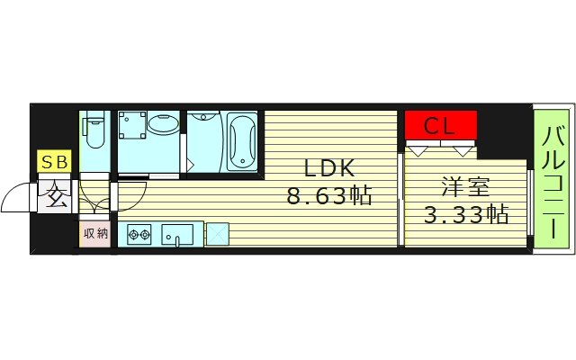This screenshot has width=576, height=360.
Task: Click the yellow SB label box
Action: pos(54,161)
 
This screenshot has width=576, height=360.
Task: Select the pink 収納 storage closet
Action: pos(94,234)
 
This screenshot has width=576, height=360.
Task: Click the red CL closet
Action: pos(441,125)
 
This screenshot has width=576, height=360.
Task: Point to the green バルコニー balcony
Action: pos(552,179)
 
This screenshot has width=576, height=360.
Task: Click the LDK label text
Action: pos(329,168)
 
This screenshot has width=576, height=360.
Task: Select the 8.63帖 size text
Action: pos(329,195)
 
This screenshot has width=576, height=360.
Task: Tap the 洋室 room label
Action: pos(466,186)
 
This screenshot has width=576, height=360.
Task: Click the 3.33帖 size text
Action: pos(466,214)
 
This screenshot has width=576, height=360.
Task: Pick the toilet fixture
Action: pos(94,130)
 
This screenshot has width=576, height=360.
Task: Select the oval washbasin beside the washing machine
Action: pos(164,124)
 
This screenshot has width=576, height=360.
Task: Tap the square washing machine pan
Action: pos(132,125)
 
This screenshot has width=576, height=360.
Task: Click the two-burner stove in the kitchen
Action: pos(139,234)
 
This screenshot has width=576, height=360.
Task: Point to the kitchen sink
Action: pos(177,235)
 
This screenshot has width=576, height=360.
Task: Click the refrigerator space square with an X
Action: pos(218,234)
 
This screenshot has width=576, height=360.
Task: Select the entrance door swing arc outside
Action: pos(18,197)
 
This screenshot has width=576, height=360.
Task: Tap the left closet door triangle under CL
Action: pos(418,151)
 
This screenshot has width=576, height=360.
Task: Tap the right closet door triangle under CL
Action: pos(462,151)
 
